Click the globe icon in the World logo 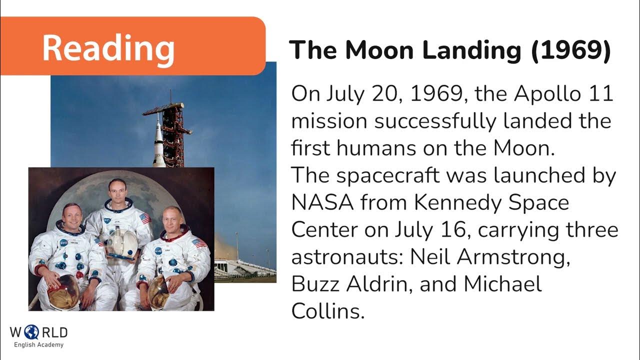pos(31,332)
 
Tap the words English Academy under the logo pos(38,345)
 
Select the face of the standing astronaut pos(117,190)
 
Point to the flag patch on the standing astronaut pos(145,218)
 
